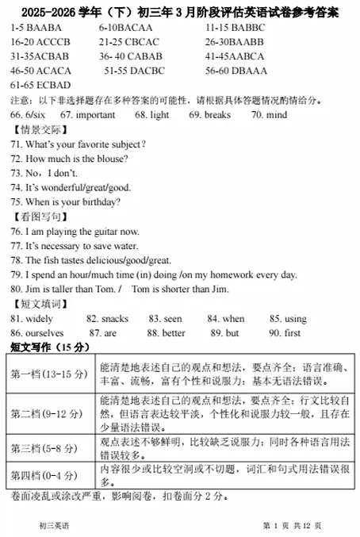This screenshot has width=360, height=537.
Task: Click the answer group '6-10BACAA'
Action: click(x=125, y=28)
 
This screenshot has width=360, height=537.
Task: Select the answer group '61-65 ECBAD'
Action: click(x=40, y=85)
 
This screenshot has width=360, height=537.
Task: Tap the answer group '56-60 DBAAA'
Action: click(x=236, y=71)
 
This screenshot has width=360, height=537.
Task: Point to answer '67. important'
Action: click(x=87, y=115)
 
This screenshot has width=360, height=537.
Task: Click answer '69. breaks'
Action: click(x=209, y=115)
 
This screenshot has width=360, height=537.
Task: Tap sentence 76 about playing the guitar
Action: click(x=75, y=231)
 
